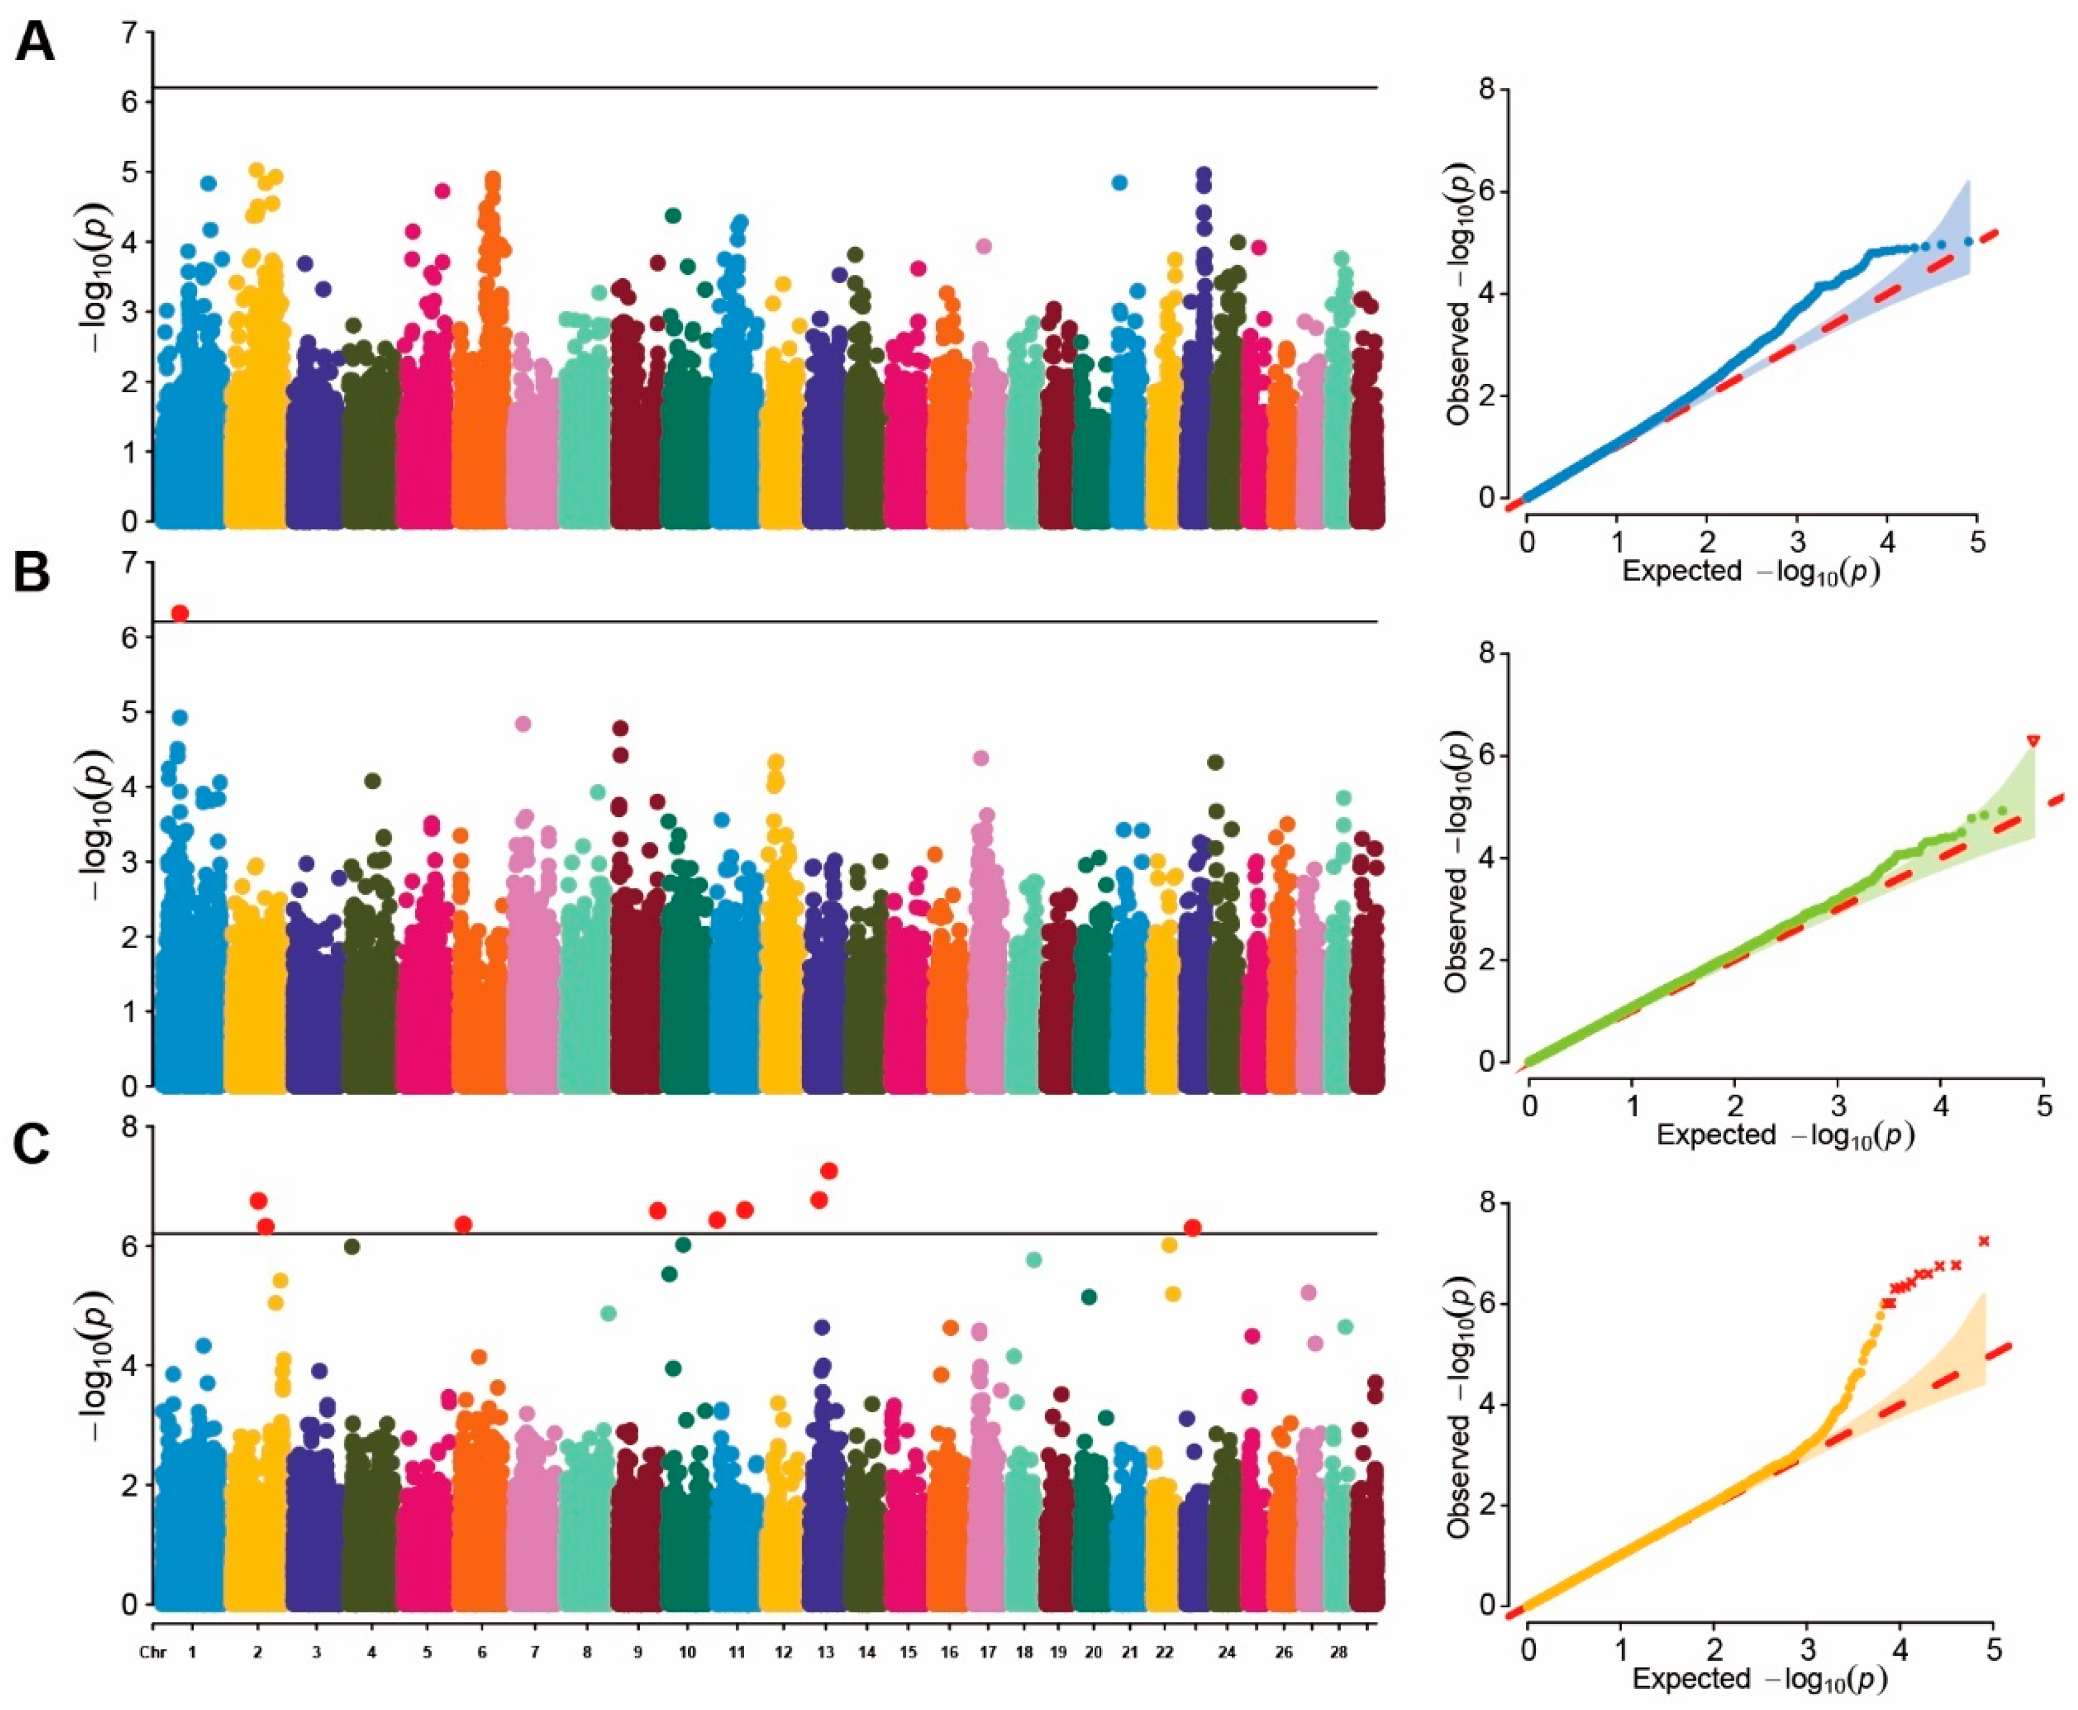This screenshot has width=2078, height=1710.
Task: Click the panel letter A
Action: pos(34,43)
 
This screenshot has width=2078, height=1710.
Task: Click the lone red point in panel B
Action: pos(179,614)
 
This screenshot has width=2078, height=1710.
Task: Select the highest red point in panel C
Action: pos(828,1170)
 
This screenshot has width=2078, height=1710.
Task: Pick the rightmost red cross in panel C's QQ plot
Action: pos(1984,1241)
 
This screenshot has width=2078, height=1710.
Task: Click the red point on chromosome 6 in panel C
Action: pos(463,1225)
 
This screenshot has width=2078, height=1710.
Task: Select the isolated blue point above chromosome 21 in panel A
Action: pos(1119,182)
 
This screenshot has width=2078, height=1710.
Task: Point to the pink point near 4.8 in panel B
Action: pos(523,724)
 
